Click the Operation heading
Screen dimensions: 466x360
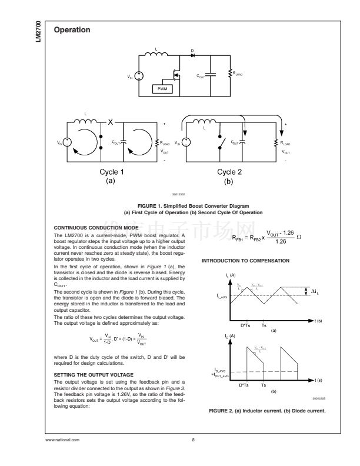coord(72,29)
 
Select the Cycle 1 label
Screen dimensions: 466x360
coord(108,172)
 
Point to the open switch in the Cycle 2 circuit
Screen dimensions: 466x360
coord(222,142)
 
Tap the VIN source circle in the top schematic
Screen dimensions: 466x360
coord(139,76)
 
